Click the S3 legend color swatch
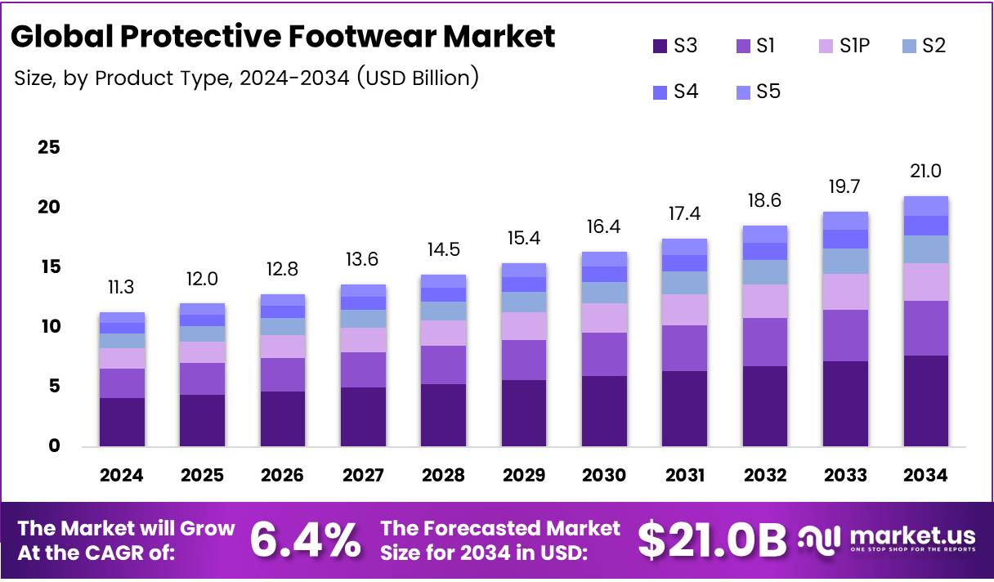(660, 47)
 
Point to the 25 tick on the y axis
(49, 148)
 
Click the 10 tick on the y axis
(49, 327)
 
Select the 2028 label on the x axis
(443, 476)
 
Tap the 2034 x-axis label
(925, 476)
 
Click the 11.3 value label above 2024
(122, 287)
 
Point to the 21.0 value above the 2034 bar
(925, 171)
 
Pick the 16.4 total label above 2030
(604, 226)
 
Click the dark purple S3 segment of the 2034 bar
(925, 401)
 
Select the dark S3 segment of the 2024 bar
(122, 422)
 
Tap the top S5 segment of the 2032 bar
(764, 234)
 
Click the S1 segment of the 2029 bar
(523, 360)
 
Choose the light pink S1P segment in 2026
(282, 347)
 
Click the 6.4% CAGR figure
(304, 540)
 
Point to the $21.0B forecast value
(711, 540)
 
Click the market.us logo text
(912, 536)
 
